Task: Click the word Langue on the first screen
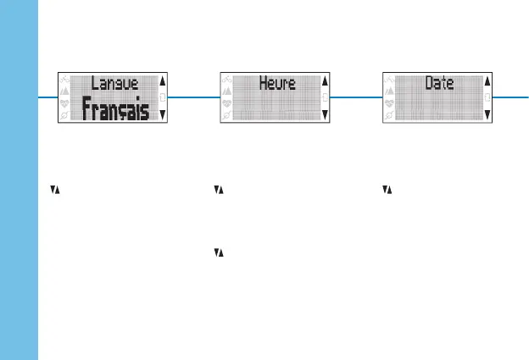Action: [x=114, y=84]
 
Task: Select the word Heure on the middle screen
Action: [x=276, y=84]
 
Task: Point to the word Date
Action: [x=439, y=84]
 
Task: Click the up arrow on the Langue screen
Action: [x=163, y=81]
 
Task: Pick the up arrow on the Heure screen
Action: [x=325, y=81]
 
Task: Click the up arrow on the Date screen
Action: [x=487, y=81]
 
